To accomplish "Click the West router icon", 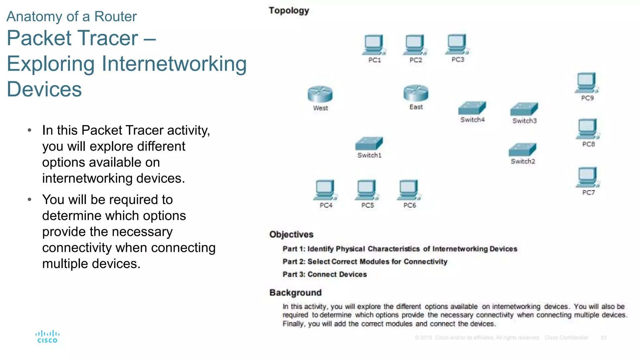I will [320, 94].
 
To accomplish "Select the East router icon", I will [416, 93].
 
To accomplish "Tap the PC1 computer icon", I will [374, 45].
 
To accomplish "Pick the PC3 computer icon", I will [457, 44].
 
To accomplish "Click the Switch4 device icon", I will [472, 108].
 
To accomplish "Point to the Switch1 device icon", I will [369, 144].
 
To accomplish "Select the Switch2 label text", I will [523, 162].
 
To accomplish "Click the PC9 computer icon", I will [587, 83].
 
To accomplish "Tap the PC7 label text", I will [588, 193].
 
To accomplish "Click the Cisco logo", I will [47, 337].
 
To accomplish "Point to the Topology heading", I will [289, 11].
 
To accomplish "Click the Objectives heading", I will [291, 234].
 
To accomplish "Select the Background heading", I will [295, 293].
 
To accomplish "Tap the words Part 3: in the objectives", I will [294, 274].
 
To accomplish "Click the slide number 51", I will [603, 338].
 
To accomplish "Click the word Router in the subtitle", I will [115, 17].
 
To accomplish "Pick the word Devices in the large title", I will [44, 89].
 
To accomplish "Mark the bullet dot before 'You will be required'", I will [29, 199].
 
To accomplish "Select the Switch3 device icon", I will [524, 109].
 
